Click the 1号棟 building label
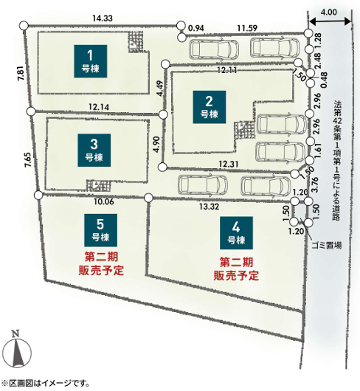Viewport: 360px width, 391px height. click(90, 61)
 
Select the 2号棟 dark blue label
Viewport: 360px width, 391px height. click(210, 107)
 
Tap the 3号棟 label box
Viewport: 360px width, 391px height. click(94, 150)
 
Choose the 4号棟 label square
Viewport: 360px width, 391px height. click(236, 233)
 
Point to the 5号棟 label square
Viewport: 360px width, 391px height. click(100, 230)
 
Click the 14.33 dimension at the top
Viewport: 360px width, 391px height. click(103, 18)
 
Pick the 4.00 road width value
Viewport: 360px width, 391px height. click(328, 12)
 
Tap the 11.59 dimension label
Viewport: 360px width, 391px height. click(247, 28)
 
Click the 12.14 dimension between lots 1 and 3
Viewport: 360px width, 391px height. click(99, 107)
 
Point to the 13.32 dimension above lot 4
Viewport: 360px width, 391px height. click(210, 207)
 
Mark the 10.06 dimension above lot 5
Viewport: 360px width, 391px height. click(104, 201)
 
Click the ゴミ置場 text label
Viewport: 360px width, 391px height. click(327, 246)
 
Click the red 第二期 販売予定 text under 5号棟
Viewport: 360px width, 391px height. click(101, 263)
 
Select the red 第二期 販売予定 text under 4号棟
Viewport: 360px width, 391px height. click(236, 269)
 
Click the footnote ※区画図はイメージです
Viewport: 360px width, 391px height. click(45, 383)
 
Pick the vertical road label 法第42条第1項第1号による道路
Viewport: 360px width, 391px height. click(337, 161)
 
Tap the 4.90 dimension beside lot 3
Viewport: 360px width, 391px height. click(156, 145)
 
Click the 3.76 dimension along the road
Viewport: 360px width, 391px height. click(315, 184)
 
